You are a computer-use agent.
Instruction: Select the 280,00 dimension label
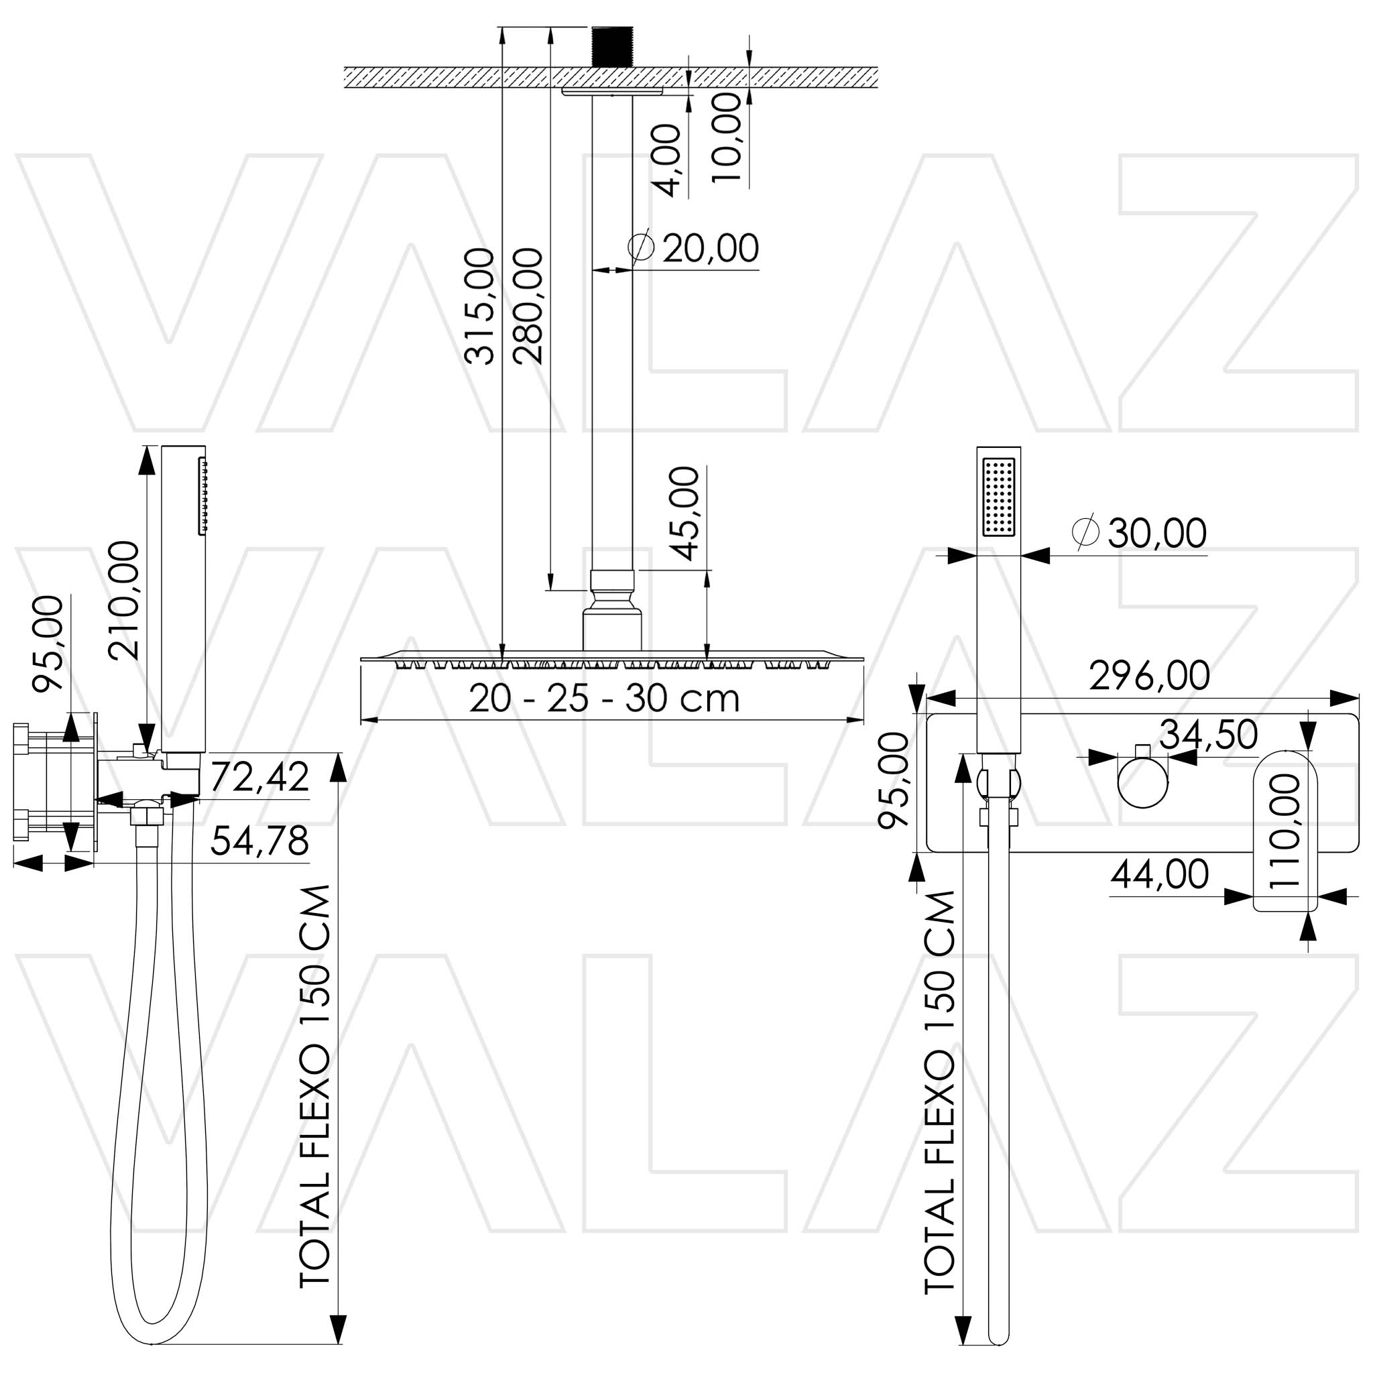click(x=529, y=306)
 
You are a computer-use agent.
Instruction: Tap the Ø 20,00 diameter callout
click(x=695, y=248)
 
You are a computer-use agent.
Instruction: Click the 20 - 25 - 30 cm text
click(x=604, y=699)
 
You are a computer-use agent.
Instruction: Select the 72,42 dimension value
click(x=259, y=777)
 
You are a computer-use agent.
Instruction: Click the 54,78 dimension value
click(x=259, y=841)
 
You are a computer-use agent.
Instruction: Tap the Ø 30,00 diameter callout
click(x=1139, y=532)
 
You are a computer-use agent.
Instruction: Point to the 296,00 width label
click(x=1149, y=675)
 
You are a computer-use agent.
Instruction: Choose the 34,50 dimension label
click(x=1208, y=735)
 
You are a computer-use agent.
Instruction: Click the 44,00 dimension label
click(x=1159, y=874)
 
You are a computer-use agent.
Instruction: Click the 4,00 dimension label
click(x=667, y=160)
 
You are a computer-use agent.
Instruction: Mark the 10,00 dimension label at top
click(x=726, y=138)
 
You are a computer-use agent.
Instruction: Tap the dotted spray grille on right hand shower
click(x=998, y=497)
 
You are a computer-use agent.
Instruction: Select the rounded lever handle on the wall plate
click(x=1284, y=830)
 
